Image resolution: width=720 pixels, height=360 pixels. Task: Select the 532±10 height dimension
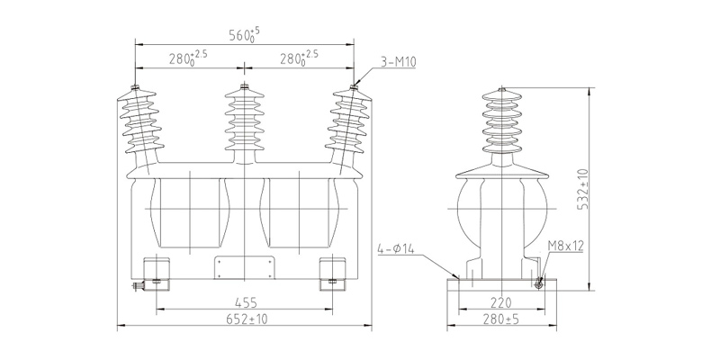(x=582, y=190)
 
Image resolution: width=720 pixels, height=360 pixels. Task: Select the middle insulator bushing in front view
(x=244, y=121)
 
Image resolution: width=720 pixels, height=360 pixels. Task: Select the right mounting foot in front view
(x=331, y=273)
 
